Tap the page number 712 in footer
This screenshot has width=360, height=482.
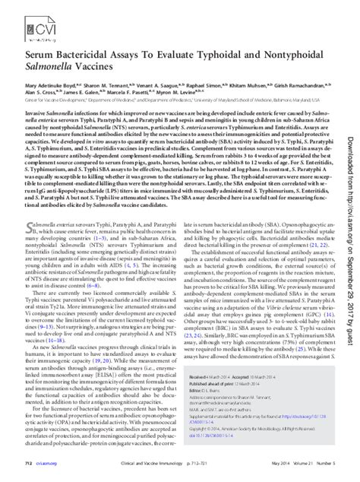27,463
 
